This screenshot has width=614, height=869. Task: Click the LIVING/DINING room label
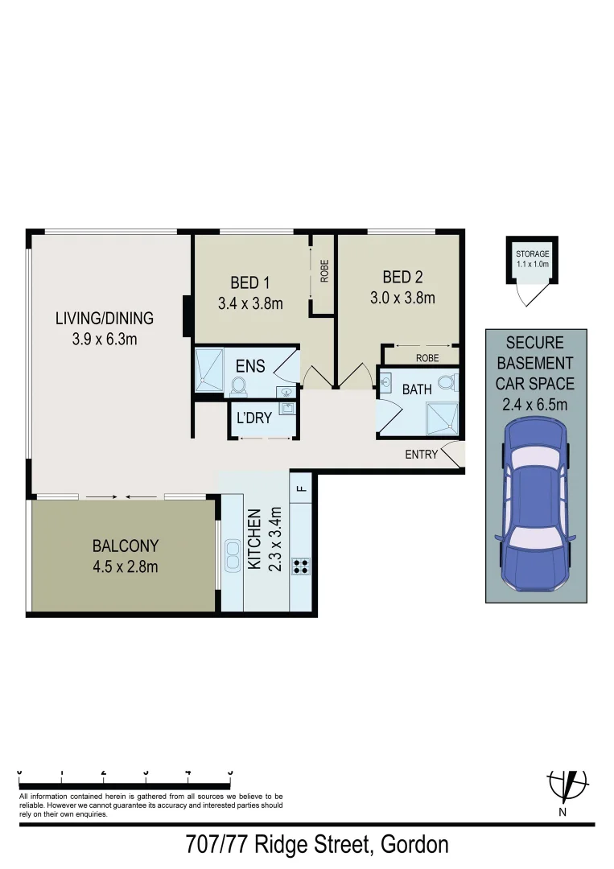tap(104, 318)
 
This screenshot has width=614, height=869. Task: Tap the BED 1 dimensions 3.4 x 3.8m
tap(249, 303)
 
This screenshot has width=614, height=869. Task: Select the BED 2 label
tap(402, 278)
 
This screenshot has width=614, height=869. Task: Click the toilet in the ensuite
tap(238, 387)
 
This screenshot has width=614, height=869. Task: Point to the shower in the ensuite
tap(211, 369)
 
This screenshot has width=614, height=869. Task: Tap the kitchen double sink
tap(233, 555)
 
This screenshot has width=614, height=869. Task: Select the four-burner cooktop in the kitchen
tap(302, 566)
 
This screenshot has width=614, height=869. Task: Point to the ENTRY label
tap(422, 455)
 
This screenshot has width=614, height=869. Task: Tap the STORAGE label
tap(532, 254)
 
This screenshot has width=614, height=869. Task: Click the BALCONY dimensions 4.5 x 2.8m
tap(125, 566)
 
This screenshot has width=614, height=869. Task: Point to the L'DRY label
tap(253, 418)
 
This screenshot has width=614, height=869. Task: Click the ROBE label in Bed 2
tap(427, 357)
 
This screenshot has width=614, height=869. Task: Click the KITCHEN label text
tap(254, 539)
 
